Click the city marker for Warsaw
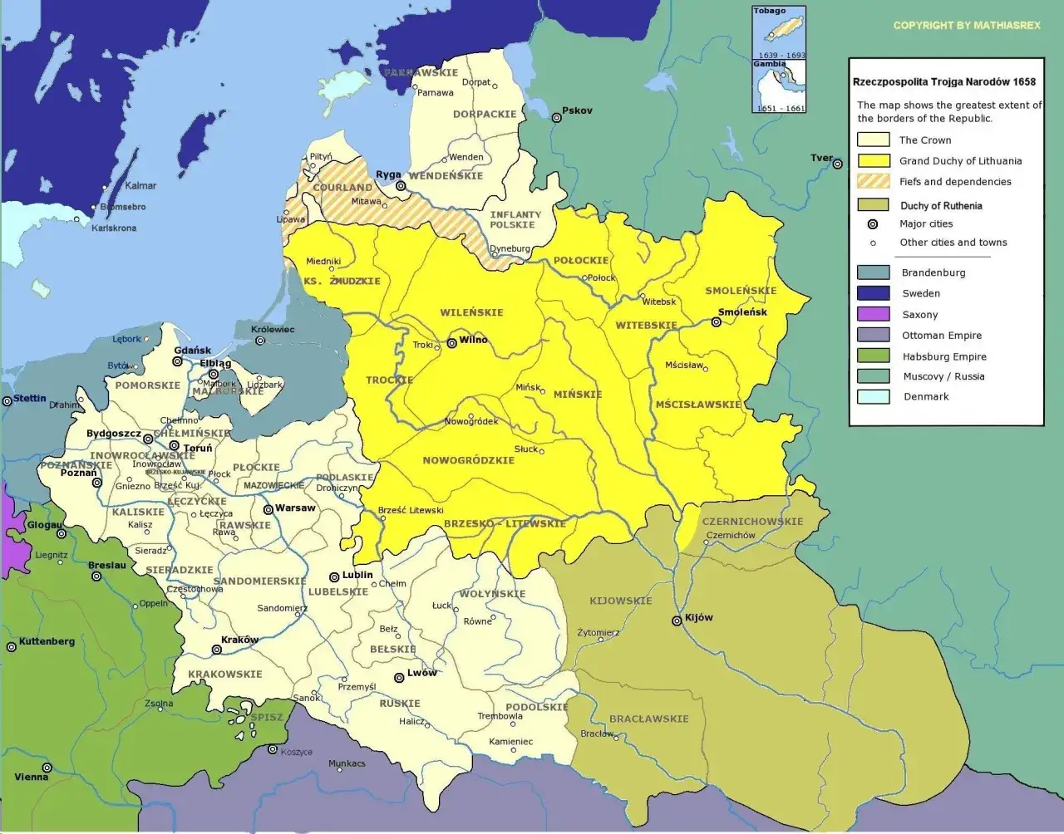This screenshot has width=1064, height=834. pyautogui.click(x=268, y=509)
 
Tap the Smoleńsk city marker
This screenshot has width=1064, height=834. pyautogui.click(x=716, y=322)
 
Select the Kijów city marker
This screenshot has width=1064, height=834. pyautogui.click(x=677, y=621)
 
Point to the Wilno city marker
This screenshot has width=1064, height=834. pyautogui.click(x=451, y=342)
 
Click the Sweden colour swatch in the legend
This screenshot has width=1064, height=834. pyautogui.click(x=874, y=293)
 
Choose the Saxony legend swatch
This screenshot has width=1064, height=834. pyautogui.click(x=874, y=314)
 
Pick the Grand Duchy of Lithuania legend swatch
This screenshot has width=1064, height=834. pyautogui.click(x=874, y=160)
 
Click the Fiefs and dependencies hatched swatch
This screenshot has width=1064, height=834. pyautogui.click(x=874, y=181)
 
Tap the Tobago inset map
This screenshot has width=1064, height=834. pyautogui.click(x=779, y=33)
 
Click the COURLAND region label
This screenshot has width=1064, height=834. pyautogui.click(x=342, y=188)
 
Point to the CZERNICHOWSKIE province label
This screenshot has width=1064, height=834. pyautogui.click(x=752, y=522)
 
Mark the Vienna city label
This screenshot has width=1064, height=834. pyautogui.click(x=32, y=777)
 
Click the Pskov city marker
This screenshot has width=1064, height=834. pyautogui.click(x=556, y=118)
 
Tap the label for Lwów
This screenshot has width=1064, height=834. pyautogui.click(x=421, y=673)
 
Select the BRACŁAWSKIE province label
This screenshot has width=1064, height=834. pyautogui.click(x=648, y=719)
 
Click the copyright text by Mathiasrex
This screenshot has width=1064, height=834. pyautogui.click(x=966, y=26)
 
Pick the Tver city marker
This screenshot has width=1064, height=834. pyautogui.click(x=836, y=164)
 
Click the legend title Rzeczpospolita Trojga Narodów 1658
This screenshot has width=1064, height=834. pyautogui.click(x=944, y=82)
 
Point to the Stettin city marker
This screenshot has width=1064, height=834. pyautogui.click(x=7, y=400)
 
